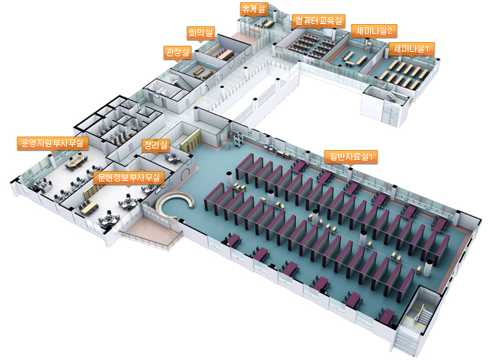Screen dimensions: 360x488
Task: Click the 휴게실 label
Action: coord(249,8)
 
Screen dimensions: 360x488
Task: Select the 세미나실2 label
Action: coord(374,30)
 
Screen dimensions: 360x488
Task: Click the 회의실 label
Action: coord(200,32)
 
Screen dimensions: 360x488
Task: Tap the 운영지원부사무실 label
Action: coord(53,142)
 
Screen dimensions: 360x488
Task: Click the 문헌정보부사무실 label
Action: coord(130,178)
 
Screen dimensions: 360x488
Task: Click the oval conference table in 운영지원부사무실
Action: coord(76,160)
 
